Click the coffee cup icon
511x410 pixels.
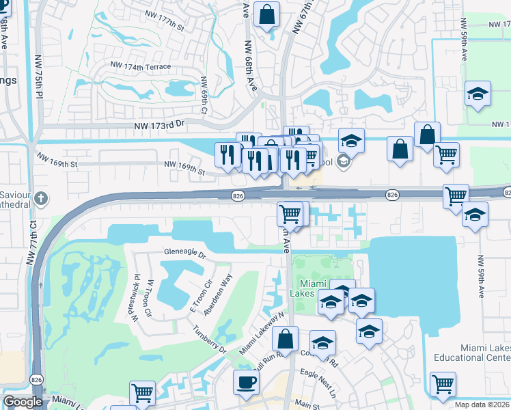246,382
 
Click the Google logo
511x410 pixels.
23,402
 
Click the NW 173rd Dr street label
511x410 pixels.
160,124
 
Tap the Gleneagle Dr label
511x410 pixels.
184,252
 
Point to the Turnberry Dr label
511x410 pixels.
209,338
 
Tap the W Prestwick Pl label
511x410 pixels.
134,298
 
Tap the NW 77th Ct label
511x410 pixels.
32,242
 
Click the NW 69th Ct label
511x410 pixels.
204,95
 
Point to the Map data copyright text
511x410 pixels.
482,405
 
